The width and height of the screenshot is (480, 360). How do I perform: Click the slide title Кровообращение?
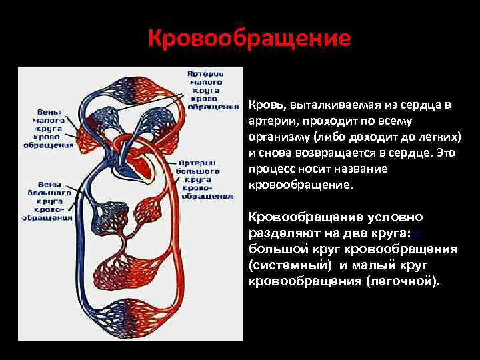point(249,37)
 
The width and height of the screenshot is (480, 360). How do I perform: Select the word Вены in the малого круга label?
point(50,112)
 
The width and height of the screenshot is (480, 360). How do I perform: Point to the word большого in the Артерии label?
point(205,171)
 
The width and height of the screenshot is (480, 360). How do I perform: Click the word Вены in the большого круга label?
point(50,184)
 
